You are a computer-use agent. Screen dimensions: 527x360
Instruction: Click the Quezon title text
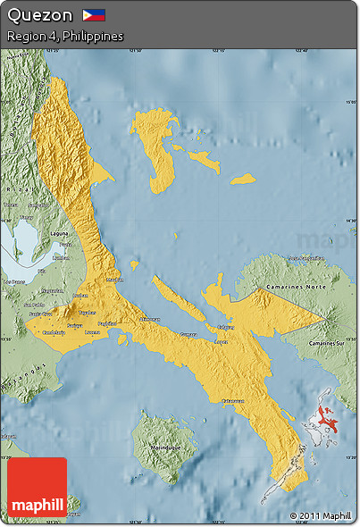(39, 15)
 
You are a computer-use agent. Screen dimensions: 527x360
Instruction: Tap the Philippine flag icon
(94, 15)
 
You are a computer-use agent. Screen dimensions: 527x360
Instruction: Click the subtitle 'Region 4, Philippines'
(64, 37)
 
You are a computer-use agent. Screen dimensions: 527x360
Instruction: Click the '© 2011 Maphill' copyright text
(320, 516)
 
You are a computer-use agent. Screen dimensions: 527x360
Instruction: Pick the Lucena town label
(92, 331)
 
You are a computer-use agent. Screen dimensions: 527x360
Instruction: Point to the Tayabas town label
(87, 314)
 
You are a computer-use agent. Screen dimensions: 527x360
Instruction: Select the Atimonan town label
(150, 319)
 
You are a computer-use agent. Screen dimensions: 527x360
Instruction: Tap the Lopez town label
(222, 342)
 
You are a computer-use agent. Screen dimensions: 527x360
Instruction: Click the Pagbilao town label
(106, 322)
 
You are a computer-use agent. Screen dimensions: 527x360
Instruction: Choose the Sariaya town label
(74, 326)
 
